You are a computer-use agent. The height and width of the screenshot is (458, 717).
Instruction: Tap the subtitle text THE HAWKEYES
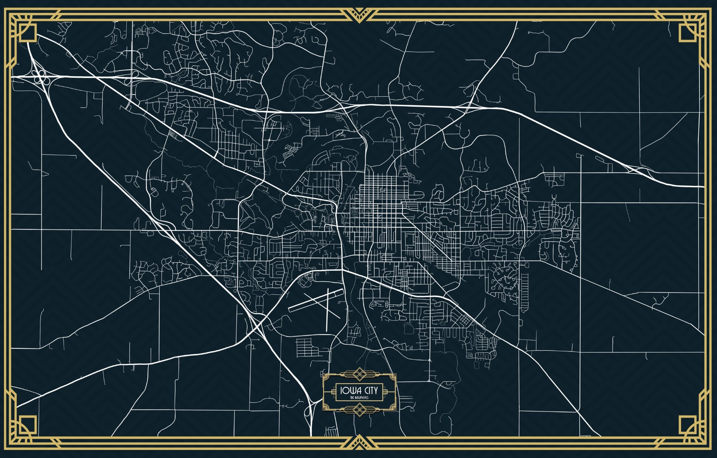tap(359, 398)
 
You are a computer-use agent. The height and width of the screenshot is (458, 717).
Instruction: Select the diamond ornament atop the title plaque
tap(359, 374)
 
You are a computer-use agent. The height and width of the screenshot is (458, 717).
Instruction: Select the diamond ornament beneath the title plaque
tap(359, 409)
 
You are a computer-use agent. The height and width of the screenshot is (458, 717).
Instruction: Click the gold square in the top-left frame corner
tap(28, 32)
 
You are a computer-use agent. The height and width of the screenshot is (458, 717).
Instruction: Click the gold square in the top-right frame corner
tap(687, 32)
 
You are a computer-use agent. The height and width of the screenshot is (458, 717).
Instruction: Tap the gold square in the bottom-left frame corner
tap(28, 424)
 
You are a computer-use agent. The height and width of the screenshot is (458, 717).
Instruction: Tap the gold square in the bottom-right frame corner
tap(687, 424)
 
